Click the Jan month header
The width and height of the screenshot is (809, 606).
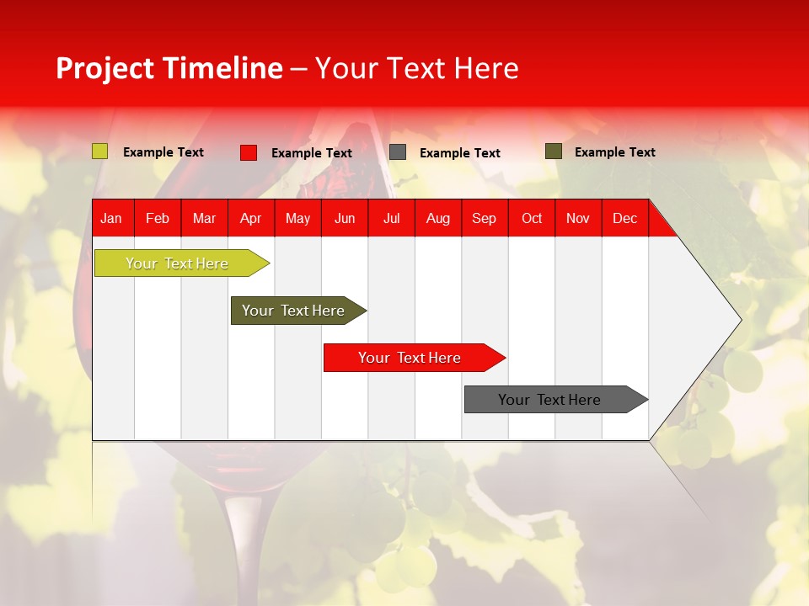[111, 219]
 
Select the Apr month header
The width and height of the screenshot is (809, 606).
[250, 219]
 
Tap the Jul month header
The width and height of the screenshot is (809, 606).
[391, 219]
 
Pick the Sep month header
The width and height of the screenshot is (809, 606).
[484, 219]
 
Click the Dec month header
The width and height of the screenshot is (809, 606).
[624, 219]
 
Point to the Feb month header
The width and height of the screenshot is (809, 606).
[158, 219]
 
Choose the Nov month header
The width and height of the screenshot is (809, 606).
[577, 219]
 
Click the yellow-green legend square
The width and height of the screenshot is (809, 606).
[100, 151]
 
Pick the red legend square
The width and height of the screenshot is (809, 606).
[249, 152]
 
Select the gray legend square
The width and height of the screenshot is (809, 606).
[398, 152]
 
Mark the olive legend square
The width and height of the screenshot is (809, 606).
[554, 151]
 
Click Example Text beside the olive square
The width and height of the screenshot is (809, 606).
[614, 152]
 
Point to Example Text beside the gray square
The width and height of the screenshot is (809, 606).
[459, 153]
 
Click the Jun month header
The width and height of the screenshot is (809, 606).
[345, 219]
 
